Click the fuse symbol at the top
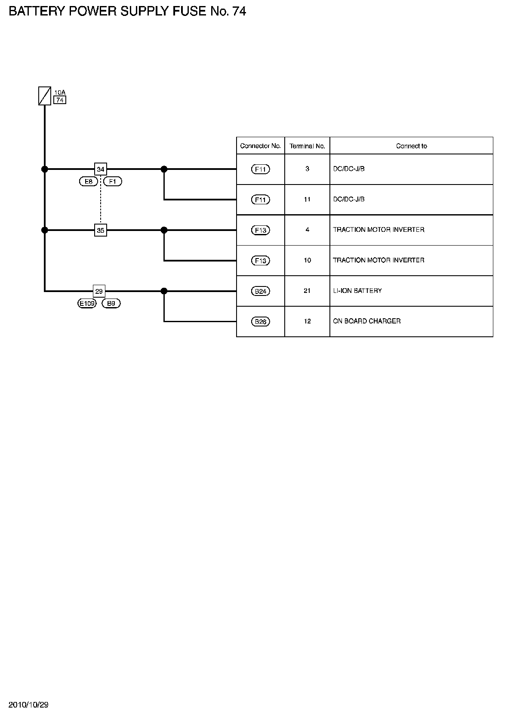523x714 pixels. [x=45, y=95]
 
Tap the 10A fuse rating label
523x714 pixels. [x=60, y=92]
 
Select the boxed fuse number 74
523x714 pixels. [x=60, y=100]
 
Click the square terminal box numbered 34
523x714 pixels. [x=100, y=169]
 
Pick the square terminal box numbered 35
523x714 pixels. [x=100, y=231]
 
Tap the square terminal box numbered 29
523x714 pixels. [x=99, y=291]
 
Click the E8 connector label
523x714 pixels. [x=88, y=182]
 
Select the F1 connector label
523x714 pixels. [x=113, y=182]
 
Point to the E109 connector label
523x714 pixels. [x=87, y=304]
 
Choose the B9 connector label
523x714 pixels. [x=111, y=304]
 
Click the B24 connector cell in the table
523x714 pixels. [x=261, y=291]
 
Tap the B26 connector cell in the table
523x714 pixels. [x=261, y=322]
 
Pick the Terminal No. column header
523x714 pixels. [x=307, y=146]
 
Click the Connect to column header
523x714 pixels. [x=411, y=146]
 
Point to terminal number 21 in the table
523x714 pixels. [x=307, y=291]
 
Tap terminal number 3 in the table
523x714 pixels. [x=307, y=169]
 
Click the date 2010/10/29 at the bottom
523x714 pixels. [x=29, y=705]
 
